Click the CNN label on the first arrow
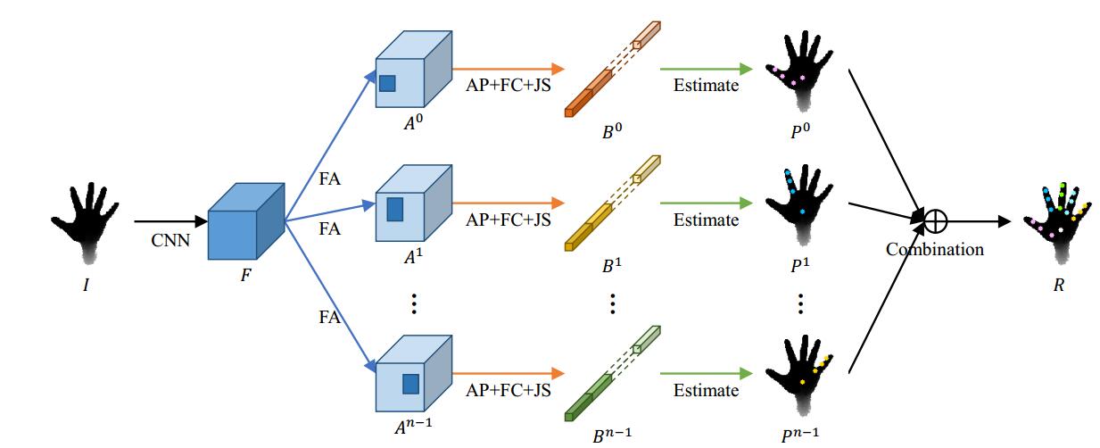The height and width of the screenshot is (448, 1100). click(169, 239)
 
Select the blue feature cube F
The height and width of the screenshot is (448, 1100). click(244, 220)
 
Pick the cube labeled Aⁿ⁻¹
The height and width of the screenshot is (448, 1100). click(410, 375)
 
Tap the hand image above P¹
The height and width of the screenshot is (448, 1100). click(800, 202)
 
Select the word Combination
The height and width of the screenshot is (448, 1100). click(934, 249)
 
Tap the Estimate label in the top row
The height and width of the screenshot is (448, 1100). click(706, 86)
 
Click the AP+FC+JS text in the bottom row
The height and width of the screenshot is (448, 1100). click(508, 390)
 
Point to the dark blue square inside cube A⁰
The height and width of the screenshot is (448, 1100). click(387, 84)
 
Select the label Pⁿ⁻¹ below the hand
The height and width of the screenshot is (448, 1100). click(799, 433)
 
